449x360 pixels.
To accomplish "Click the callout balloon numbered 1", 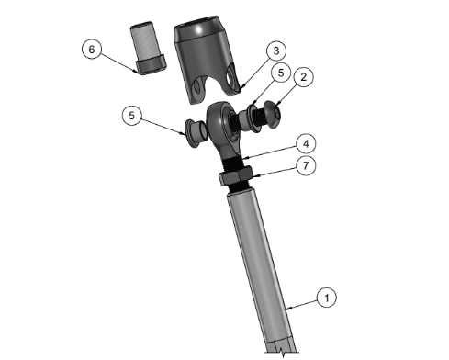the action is pos(327,298).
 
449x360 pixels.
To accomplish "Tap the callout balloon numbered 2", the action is pos(303,76).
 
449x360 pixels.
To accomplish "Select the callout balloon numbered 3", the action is pos(276,51).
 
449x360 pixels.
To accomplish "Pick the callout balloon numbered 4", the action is pos(306,143).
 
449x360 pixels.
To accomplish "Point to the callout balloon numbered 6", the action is pos(92,49).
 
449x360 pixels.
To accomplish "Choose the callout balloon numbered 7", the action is pos(306,165).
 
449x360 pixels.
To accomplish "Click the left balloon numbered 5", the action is pos(132,116).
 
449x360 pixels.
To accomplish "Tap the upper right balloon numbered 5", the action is pos(281,73).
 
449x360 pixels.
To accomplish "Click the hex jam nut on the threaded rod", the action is pos(236,177).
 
